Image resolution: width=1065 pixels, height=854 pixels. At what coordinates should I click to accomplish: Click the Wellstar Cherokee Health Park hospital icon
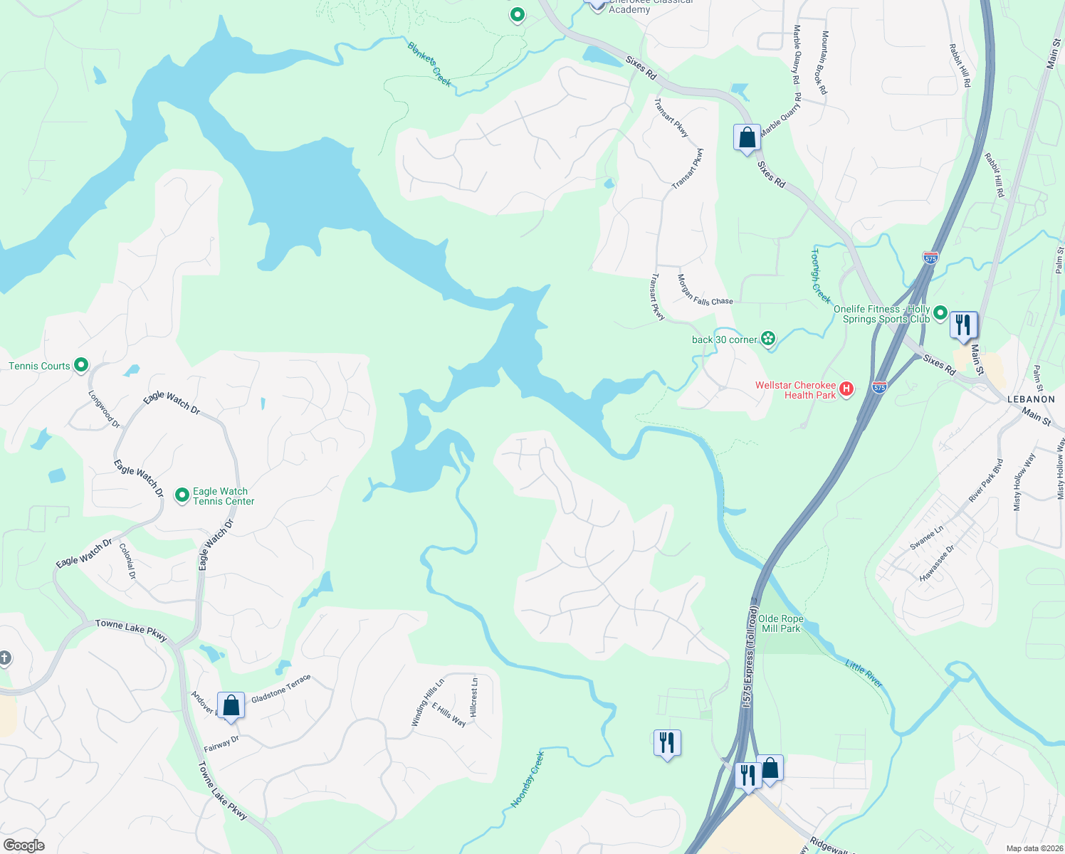click(846, 389)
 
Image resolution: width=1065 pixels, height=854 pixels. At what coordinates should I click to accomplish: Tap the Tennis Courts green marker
click(81, 366)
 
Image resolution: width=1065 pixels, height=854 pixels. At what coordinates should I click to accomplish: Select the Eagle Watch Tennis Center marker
click(182, 494)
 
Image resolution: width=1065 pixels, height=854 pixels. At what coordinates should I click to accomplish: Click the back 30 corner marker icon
click(768, 339)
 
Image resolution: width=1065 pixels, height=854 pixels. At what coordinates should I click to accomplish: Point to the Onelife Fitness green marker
click(940, 312)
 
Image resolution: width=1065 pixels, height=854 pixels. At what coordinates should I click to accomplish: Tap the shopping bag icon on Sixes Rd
click(747, 137)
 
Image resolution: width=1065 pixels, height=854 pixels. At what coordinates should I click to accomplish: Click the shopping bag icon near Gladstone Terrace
click(231, 706)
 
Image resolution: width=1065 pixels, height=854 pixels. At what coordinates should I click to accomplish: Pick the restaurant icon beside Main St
click(963, 325)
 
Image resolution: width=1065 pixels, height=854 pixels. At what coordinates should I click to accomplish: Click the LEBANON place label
click(1031, 399)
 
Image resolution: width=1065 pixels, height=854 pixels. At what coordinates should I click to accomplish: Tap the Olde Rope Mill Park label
click(781, 623)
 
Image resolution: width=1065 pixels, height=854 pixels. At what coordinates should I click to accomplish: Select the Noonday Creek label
click(528, 779)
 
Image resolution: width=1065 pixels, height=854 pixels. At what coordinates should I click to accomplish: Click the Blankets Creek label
click(429, 64)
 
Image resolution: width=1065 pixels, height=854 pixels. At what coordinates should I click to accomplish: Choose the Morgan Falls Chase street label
click(704, 290)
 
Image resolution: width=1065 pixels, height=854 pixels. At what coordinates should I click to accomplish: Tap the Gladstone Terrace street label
click(280, 688)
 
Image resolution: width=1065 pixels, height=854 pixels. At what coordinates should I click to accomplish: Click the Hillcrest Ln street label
click(474, 696)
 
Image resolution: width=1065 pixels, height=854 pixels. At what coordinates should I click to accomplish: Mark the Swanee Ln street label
click(926, 537)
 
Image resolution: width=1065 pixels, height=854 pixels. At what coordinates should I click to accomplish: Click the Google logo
click(23, 845)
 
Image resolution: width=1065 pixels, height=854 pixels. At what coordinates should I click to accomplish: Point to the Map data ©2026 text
click(1034, 848)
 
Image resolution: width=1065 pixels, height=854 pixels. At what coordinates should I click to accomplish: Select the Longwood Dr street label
click(104, 408)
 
